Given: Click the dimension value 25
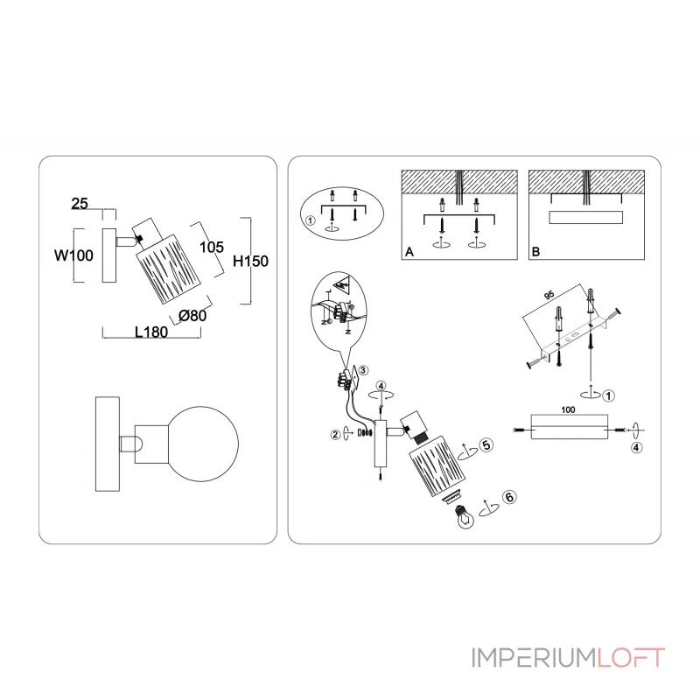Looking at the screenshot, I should point(80,204).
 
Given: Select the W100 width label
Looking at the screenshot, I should point(73,256).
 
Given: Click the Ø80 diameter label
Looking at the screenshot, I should point(192,316).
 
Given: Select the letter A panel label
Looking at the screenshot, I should point(408,252).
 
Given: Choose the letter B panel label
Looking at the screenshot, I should point(535,252).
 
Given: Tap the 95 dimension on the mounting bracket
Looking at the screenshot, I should point(550,296).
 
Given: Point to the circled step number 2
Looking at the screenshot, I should point(333,432).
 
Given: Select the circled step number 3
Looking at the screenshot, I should point(362,371).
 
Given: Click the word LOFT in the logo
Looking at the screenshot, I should point(632,657).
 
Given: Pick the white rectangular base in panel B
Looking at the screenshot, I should point(584,219).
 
